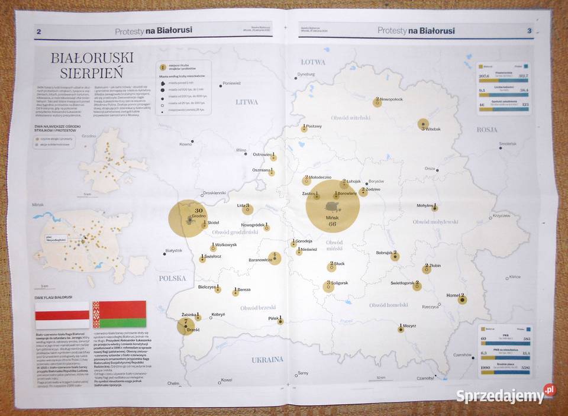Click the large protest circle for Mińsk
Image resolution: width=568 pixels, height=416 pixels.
coord(333,207)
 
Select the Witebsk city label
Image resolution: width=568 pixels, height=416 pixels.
coord(433,128)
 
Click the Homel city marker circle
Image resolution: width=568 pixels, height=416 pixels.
coord(462,299)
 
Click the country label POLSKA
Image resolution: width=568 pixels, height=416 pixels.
coord(172,278)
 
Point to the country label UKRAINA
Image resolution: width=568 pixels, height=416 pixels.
coord(267,359)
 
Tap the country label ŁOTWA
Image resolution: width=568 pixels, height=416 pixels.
coord(313,62)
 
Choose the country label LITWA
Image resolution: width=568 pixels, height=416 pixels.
coord(247,102)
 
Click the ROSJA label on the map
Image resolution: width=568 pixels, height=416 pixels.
coord(488,129)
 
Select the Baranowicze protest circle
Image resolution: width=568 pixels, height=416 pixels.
coord(274,258)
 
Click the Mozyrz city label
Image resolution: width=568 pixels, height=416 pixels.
coord(409,325)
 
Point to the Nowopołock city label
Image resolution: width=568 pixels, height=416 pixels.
coord(391,99)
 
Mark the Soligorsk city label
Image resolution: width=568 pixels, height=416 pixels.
coord(340,283)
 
